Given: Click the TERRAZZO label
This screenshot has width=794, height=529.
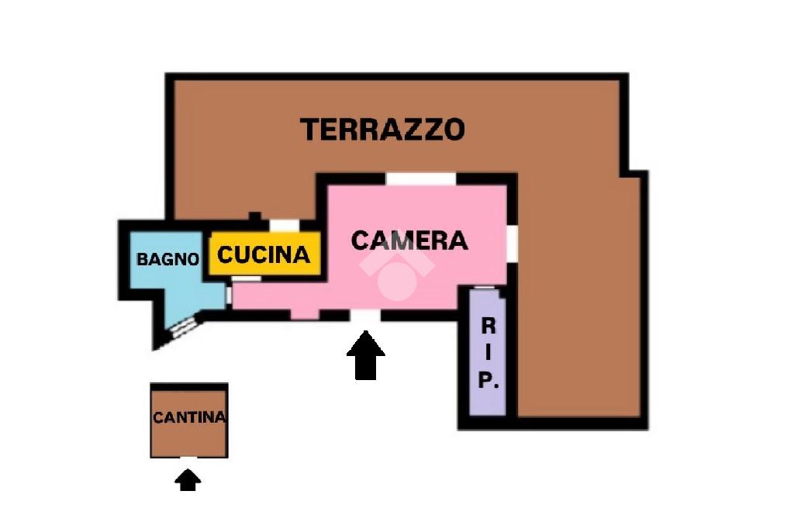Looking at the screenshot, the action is [x=382, y=129].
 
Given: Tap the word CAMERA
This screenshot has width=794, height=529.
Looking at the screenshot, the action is [x=409, y=240].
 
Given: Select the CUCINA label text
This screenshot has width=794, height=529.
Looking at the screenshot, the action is [x=264, y=254].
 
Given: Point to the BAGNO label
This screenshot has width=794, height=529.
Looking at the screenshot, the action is [x=167, y=259].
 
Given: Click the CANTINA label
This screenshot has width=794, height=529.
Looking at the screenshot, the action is [x=189, y=417].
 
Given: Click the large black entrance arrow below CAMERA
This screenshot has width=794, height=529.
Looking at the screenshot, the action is [x=365, y=356].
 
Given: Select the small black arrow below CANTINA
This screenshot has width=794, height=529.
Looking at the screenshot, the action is [x=187, y=481].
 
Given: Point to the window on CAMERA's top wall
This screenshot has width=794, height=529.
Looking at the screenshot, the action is [x=421, y=179].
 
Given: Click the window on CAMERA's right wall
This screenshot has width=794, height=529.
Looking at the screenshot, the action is [x=512, y=242].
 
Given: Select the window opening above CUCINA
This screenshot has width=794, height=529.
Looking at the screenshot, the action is [x=284, y=226].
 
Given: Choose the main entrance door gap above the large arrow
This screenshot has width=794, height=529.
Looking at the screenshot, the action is [x=365, y=316].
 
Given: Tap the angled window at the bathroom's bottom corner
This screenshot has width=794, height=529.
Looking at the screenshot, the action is [x=180, y=327].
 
